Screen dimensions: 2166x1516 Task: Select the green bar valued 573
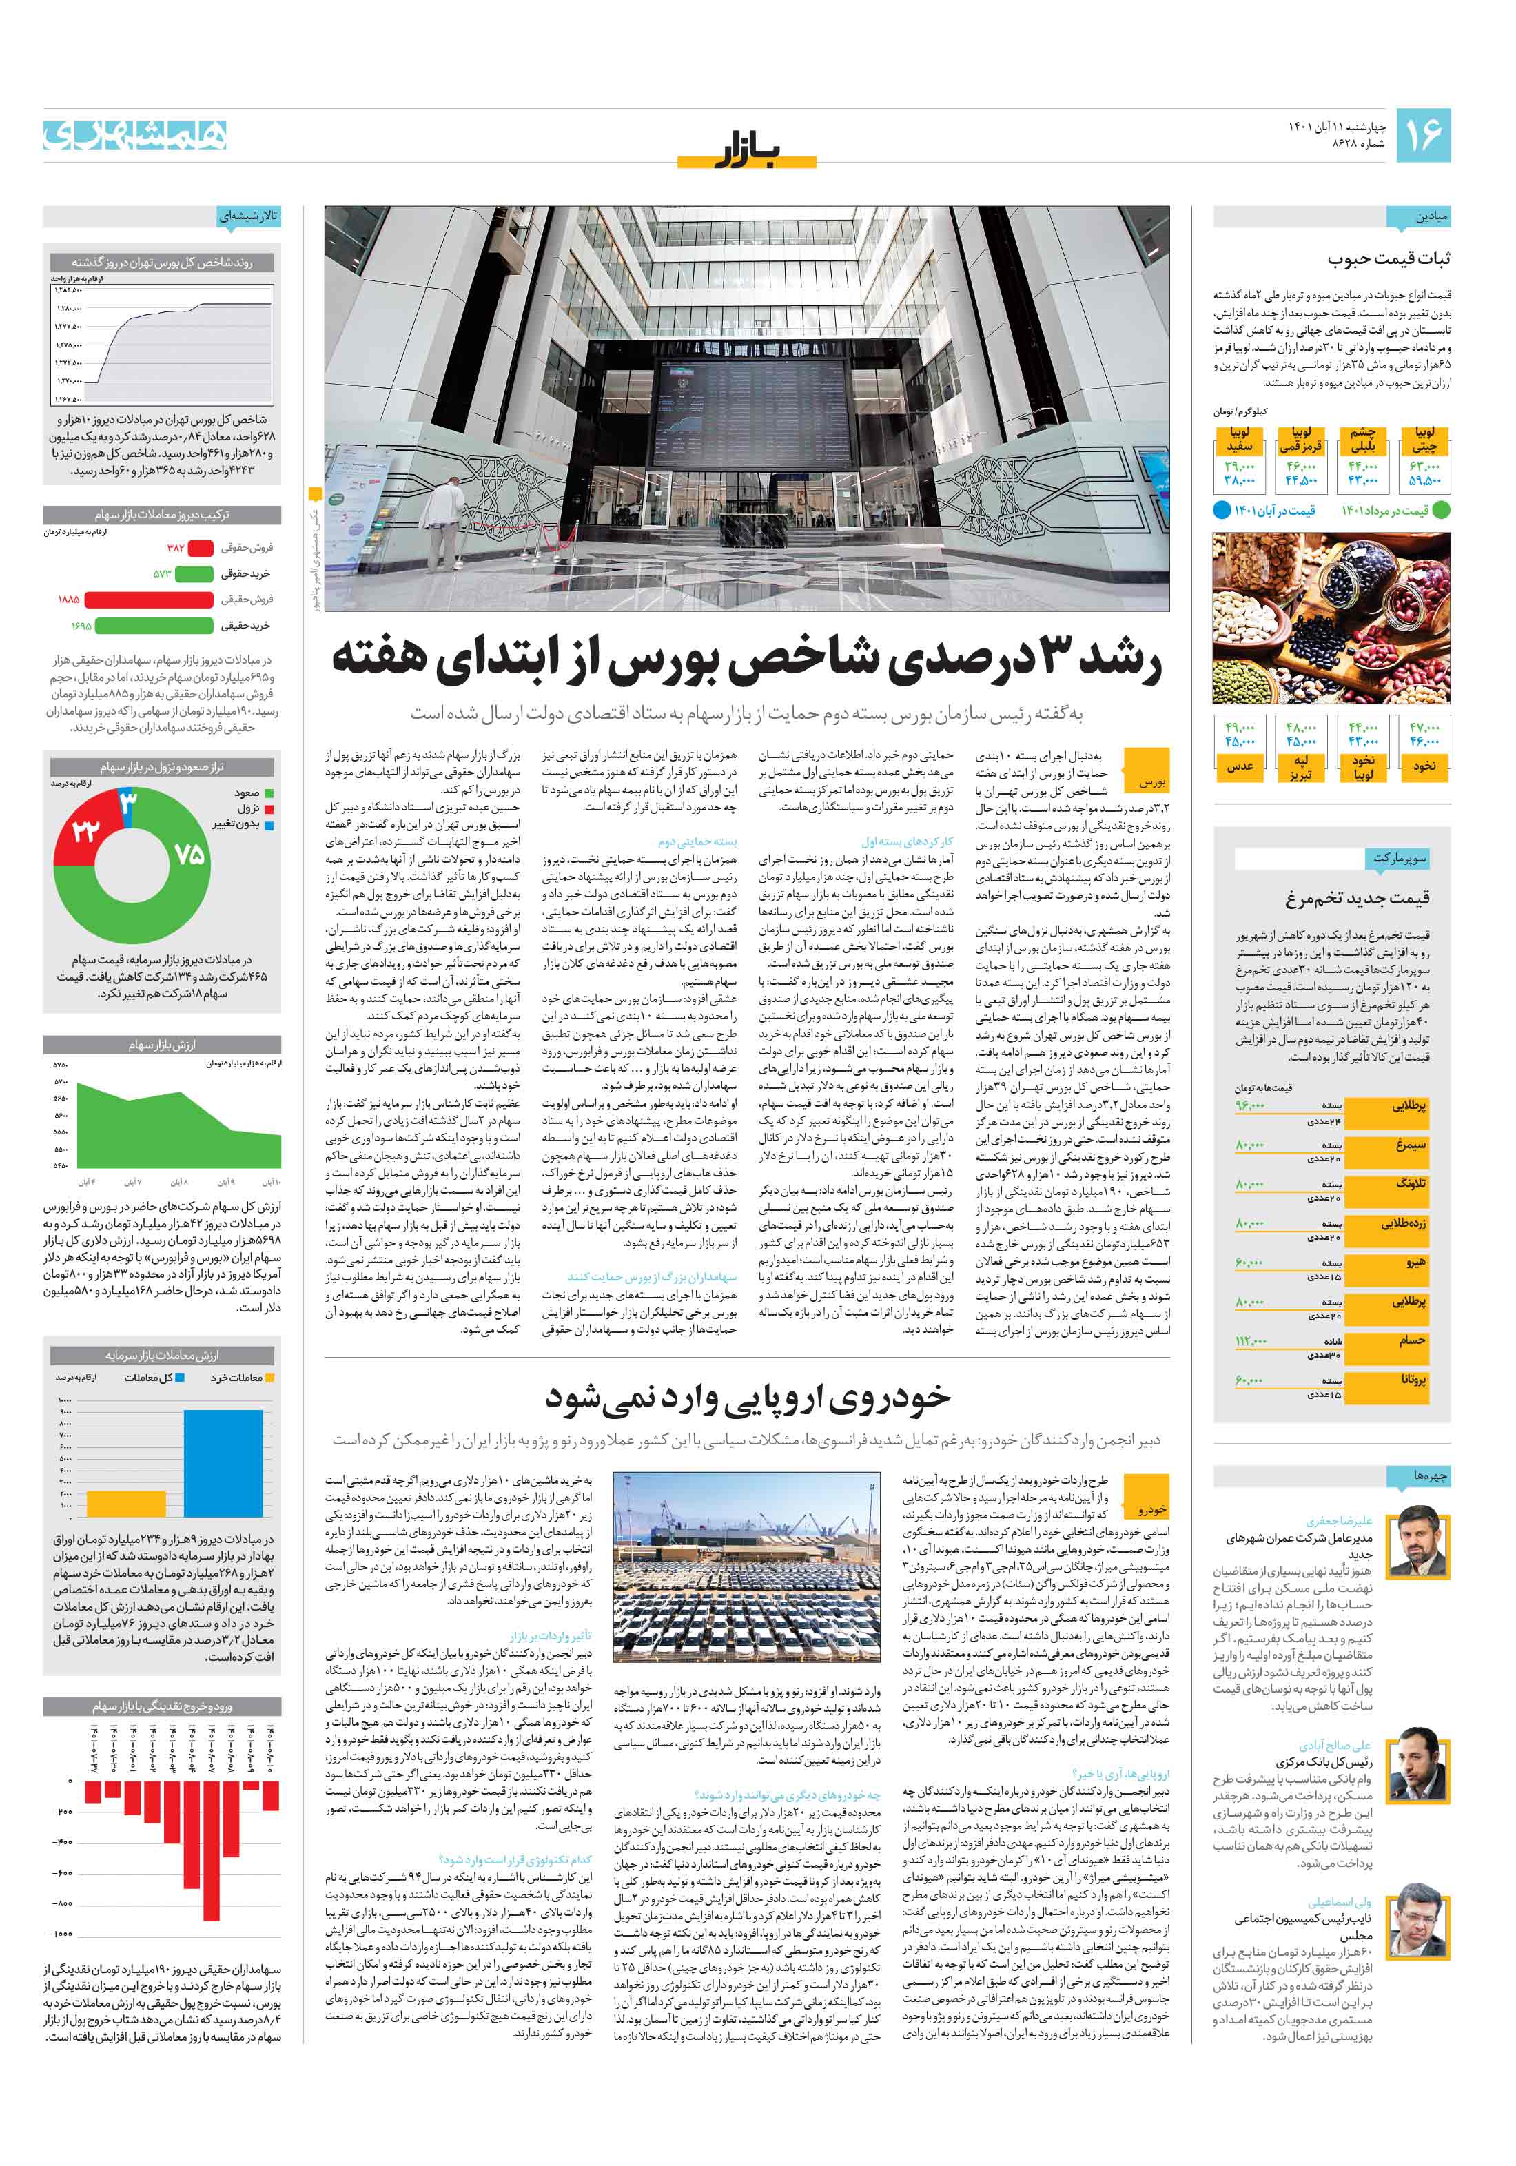point(194,573)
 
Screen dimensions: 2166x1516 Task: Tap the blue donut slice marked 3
point(127,802)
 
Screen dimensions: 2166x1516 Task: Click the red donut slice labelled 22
point(83,830)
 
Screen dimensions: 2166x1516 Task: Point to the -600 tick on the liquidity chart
point(64,1872)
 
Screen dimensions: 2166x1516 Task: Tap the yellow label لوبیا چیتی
point(1424,440)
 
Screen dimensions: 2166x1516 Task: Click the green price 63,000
point(1424,466)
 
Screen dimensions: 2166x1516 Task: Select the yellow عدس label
point(1240,767)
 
